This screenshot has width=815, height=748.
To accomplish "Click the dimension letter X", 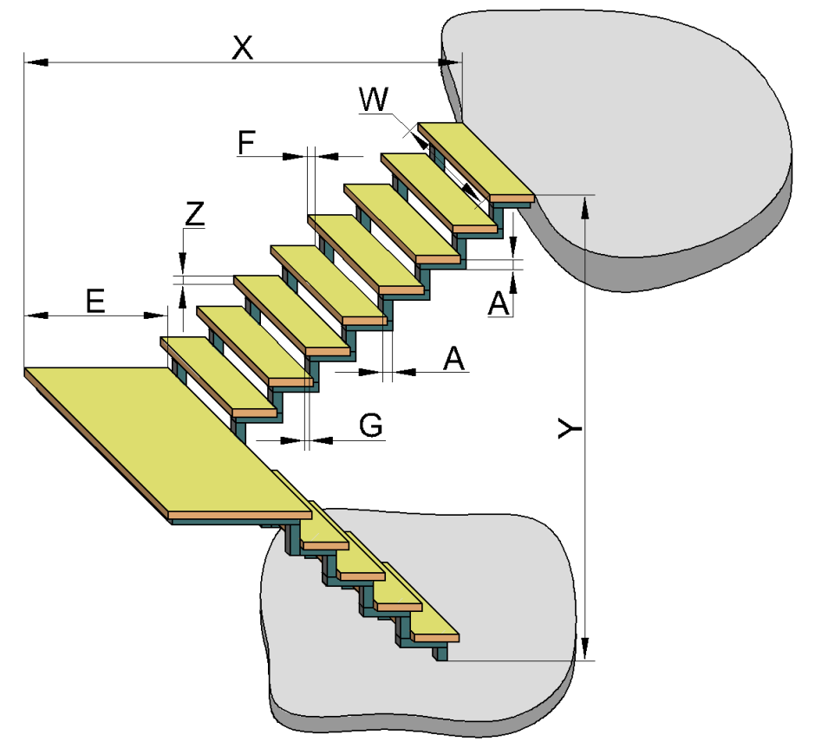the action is click(242, 48).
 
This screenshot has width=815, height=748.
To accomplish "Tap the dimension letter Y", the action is click(570, 429).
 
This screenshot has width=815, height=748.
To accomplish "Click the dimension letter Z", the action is click(195, 213).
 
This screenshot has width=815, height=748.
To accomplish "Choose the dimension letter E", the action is click(95, 301).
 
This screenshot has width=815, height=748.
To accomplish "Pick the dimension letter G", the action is click(371, 425).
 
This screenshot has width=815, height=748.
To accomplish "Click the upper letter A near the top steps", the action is click(499, 303).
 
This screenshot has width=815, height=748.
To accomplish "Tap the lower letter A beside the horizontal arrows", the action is click(453, 358).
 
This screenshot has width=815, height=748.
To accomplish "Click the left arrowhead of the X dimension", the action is click(36, 62).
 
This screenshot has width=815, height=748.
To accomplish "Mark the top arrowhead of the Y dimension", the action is click(585, 207).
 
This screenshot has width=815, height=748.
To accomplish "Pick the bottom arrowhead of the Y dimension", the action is click(585, 649).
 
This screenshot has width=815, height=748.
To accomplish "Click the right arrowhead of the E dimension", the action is click(155, 315).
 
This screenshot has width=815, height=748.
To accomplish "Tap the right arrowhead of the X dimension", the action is click(450, 62).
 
